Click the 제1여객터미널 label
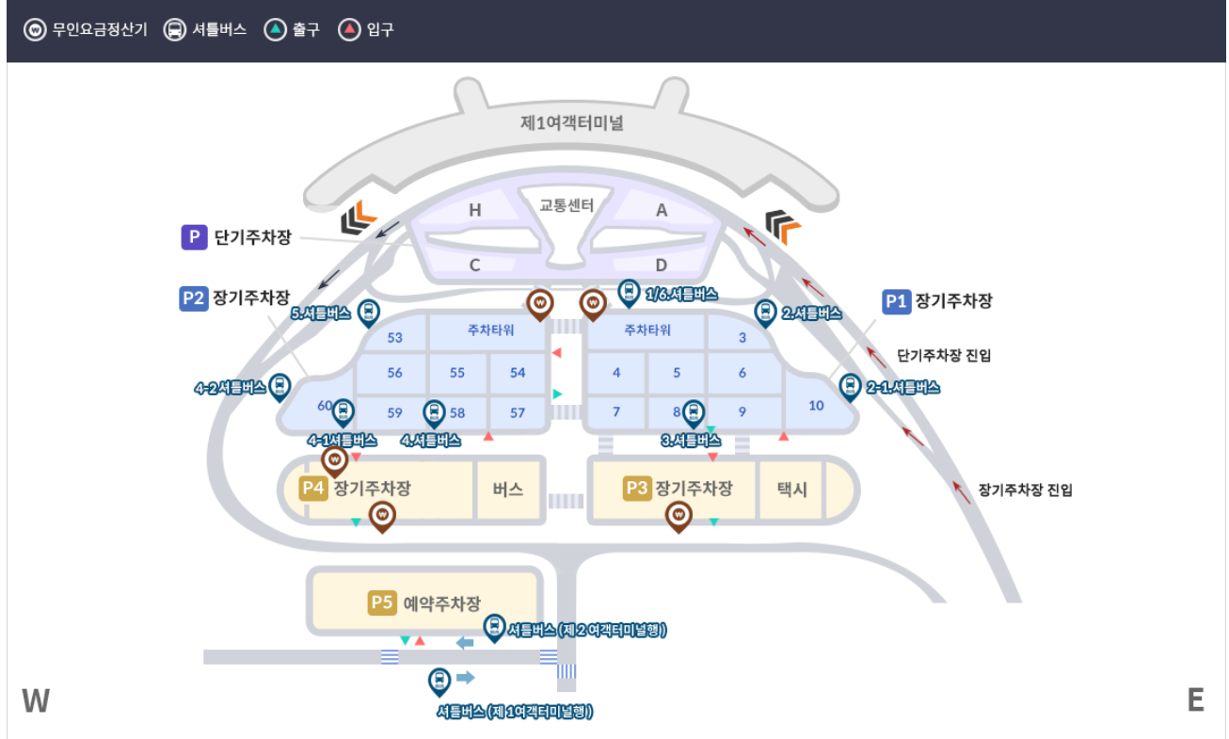tap(572, 122)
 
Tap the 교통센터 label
tap(567, 204)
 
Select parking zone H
tap(475, 211)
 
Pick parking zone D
tap(661, 265)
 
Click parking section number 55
tap(457, 373)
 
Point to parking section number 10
tap(816, 406)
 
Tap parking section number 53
tap(394, 338)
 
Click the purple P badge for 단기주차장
tap(194, 237)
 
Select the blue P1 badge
tap(896, 301)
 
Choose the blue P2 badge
tap(193, 298)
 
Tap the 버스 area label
tap(508, 490)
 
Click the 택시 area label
tap(792, 490)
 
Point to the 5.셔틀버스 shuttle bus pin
tap(369, 312)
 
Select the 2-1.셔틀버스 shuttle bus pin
tap(850, 386)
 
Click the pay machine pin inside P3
tap(678, 515)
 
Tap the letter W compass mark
tap(36, 700)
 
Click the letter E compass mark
tap(1196, 700)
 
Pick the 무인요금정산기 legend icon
tap(35, 30)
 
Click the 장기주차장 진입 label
tap(1025, 490)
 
